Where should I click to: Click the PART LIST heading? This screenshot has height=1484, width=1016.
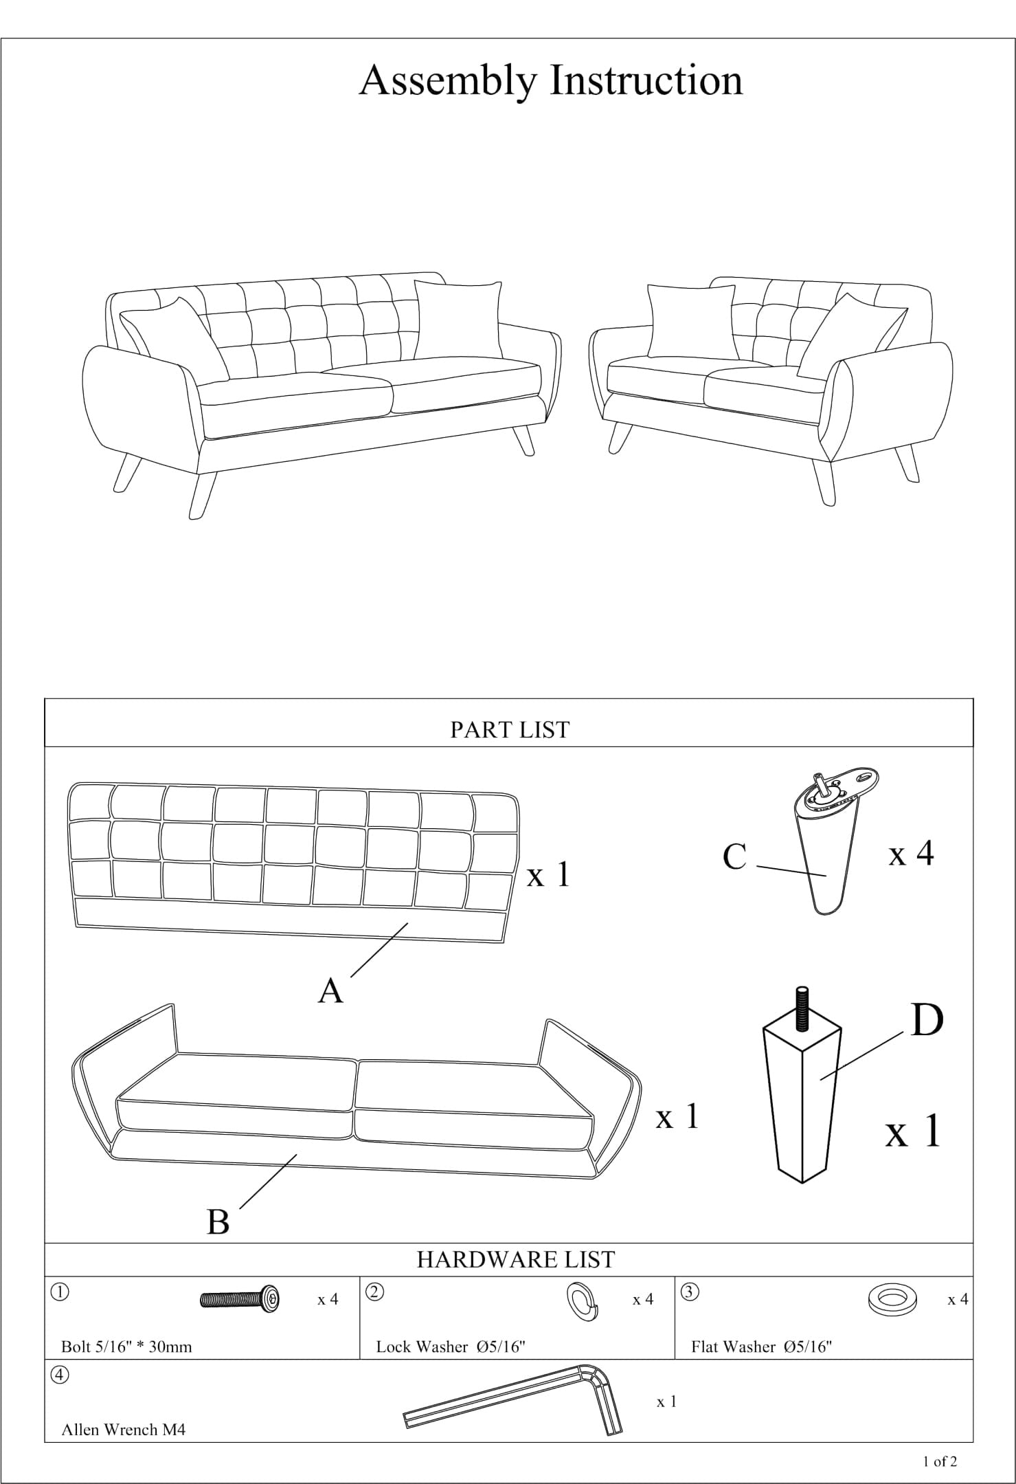click(x=510, y=729)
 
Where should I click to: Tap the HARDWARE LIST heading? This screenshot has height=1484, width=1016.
click(x=515, y=1259)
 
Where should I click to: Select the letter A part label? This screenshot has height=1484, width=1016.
click(x=330, y=991)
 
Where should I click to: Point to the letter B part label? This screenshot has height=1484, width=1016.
click(x=218, y=1222)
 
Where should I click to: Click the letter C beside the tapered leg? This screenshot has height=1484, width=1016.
click(x=734, y=857)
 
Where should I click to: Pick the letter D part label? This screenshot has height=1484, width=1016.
click(x=927, y=1020)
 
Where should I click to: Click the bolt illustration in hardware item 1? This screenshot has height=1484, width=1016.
click(x=240, y=1299)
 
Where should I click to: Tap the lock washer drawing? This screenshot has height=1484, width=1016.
click(x=582, y=1301)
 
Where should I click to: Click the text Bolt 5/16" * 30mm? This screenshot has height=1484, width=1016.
click(x=126, y=1347)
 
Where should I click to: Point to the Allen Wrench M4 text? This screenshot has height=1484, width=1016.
click(x=124, y=1430)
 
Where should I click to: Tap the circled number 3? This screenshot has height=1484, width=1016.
click(x=690, y=1292)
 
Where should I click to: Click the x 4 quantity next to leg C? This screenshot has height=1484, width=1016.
click(x=911, y=854)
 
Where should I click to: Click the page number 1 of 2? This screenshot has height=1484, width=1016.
click(x=940, y=1461)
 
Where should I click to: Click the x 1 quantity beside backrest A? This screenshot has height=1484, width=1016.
click(x=548, y=875)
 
